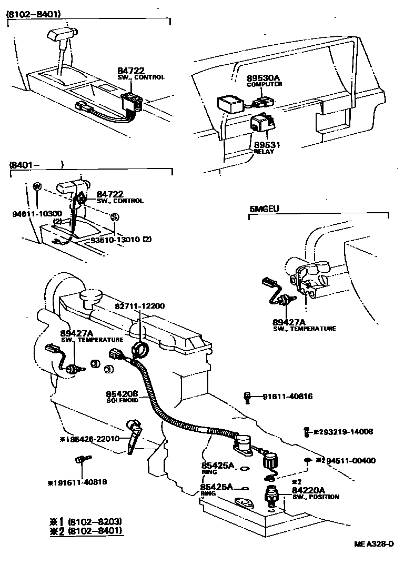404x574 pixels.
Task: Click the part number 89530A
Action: point(263,78)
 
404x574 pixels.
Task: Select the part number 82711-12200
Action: point(139,306)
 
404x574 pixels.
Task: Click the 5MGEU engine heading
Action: point(264,209)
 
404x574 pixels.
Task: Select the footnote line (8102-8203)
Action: point(93,521)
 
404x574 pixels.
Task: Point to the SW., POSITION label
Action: point(316,497)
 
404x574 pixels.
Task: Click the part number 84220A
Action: point(309,490)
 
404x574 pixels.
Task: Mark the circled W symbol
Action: point(37,186)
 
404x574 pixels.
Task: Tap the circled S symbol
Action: point(115,217)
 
